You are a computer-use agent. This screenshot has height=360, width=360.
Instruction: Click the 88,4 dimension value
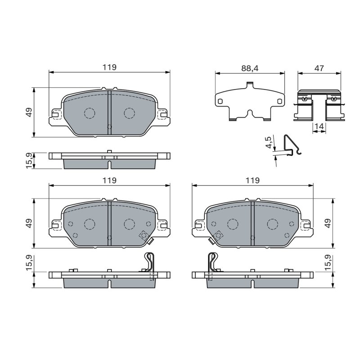coord(250,68)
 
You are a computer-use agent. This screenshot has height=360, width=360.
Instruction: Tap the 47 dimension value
coord(319,68)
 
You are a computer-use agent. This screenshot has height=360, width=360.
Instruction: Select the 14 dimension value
coord(319,126)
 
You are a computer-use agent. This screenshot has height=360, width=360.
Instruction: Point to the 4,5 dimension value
coord(268,142)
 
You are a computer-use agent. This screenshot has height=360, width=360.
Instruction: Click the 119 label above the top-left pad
coord(109,67)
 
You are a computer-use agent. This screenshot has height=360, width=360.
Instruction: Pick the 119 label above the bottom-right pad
coord(252,180)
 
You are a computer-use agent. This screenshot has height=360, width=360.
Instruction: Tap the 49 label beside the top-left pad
coord(29,112)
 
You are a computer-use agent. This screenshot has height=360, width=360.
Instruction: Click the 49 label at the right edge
coord(328,223)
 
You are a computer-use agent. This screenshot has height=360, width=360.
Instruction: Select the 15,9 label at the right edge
coord(328,262)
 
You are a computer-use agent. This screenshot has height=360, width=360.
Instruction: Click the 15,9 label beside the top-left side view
coord(29,161)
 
